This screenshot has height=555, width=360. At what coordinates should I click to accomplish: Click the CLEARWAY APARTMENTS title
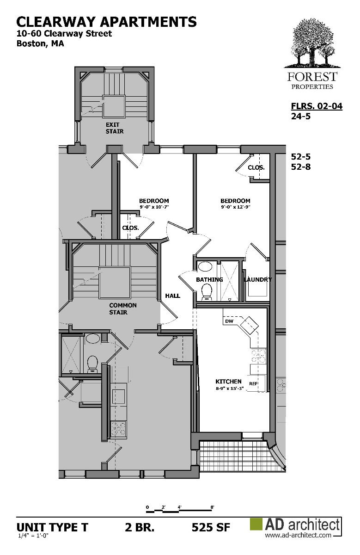(106, 22)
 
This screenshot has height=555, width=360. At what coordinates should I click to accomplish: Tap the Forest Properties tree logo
(312, 44)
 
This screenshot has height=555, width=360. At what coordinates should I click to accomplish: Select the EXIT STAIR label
(115, 128)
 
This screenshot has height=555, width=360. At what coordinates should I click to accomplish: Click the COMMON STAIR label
(123, 309)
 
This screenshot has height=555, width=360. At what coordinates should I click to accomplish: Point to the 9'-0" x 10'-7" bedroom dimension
(154, 207)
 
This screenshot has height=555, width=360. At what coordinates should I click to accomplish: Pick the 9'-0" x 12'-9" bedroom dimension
(236, 207)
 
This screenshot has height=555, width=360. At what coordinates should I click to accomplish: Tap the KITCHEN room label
(228, 381)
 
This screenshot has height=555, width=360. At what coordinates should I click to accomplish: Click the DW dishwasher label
(229, 321)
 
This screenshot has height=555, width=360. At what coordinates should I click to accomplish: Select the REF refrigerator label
(254, 383)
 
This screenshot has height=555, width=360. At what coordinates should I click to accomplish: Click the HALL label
(172, 296)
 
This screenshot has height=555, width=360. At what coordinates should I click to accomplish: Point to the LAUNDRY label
(258, 279)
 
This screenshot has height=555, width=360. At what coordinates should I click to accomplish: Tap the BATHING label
(209, 279)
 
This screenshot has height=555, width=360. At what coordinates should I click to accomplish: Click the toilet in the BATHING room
(207, 292)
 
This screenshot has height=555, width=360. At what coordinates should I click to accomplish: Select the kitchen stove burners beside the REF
(259, 356)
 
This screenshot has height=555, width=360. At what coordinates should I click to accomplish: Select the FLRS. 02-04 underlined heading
(317, 106)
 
